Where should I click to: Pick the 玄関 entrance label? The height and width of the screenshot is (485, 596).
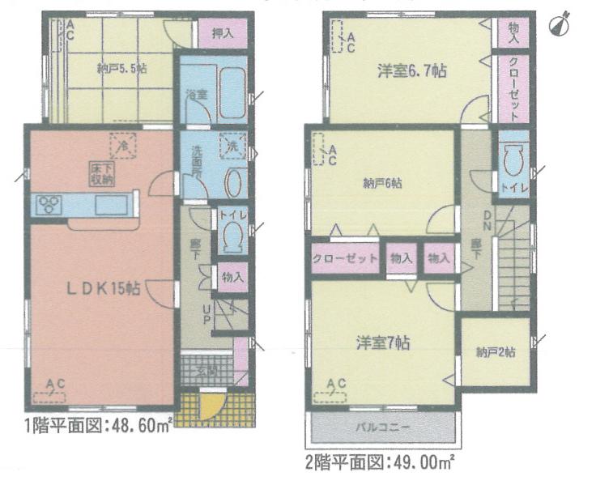207,372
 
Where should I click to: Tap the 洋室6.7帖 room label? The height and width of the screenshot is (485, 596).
411,70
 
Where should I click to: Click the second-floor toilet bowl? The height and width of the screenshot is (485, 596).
514,161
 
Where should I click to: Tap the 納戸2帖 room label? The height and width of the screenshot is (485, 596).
496,352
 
